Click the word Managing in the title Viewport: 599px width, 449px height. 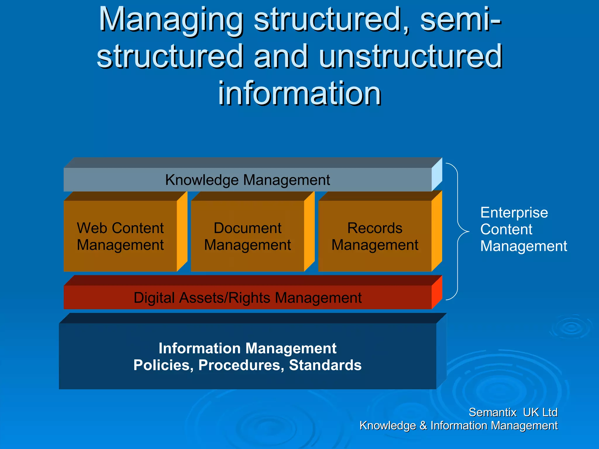point(171,20)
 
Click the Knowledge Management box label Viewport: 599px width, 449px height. point(247,180)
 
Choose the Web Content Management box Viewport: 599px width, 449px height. point(120,236)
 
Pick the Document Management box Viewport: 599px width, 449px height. point(247,236)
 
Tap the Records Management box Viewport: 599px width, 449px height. point(375,236)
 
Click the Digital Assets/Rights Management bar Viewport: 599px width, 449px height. point(247,298)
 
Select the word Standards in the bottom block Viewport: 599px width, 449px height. point(325,365)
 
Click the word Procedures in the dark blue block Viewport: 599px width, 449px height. point(241,365)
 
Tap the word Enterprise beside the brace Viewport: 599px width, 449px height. point(514,213)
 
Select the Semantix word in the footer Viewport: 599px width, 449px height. point(493,412)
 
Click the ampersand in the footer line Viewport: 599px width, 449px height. point(423,426)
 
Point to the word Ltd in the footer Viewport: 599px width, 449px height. point(550,412)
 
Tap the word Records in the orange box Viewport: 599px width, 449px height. point(375,228)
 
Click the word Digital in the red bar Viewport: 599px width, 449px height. point(154,298)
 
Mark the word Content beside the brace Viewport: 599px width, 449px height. point(506,229)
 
